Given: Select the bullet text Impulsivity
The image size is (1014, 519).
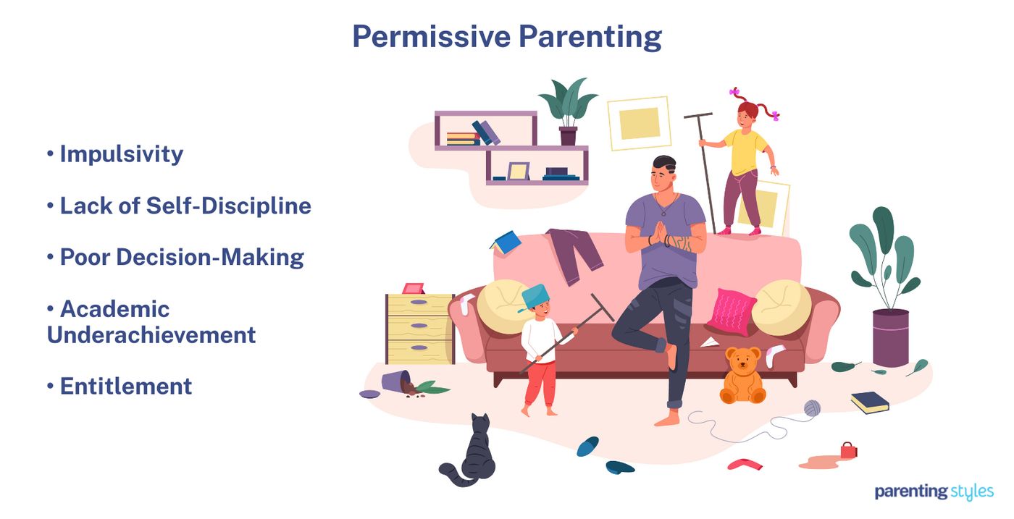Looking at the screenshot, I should click(121, 154).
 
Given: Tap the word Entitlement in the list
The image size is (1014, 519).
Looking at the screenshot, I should click(126, 387).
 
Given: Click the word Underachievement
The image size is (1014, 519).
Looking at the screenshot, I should click(151, 335).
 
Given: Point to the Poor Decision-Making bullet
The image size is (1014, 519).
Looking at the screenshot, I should click(181, 258).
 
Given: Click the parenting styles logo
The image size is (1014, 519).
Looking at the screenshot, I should click(934, 492).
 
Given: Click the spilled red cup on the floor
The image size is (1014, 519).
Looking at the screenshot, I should click(848, 451).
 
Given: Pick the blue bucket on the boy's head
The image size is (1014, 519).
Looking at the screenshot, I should click(536, 297).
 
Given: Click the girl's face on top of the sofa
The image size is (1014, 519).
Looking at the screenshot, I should click(747, 115).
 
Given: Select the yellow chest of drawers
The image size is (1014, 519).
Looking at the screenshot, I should click(419, 329).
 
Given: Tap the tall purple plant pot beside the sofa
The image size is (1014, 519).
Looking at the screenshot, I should click(890, 337).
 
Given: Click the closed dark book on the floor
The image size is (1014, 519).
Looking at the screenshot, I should click(869, 402).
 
